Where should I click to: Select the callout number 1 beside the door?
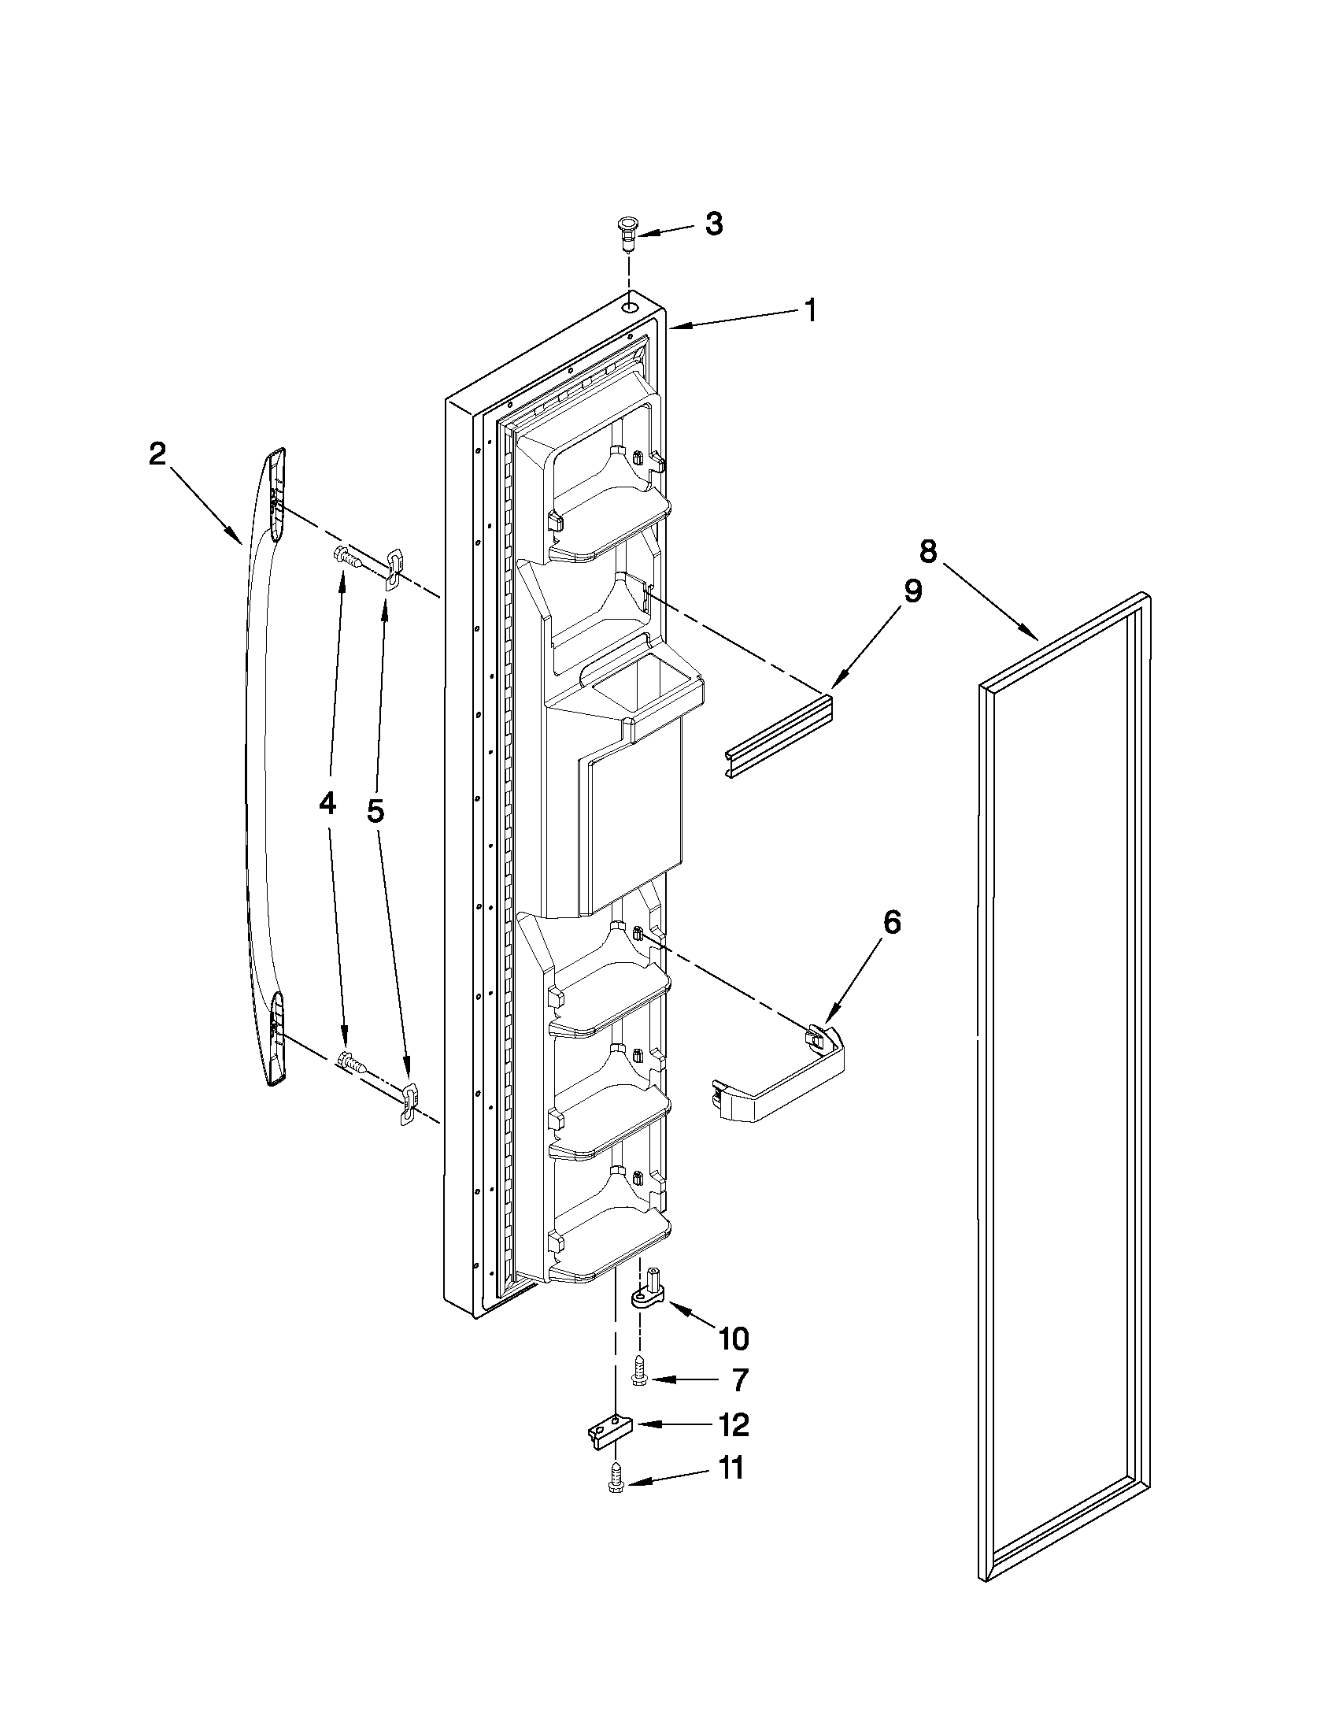[809, 310]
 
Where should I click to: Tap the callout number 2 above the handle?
[158, 454]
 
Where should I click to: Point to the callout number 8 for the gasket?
[928, 550]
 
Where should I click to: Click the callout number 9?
[913, 591]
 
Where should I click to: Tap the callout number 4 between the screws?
[327, 805]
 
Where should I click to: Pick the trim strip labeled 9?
[778, 738]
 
